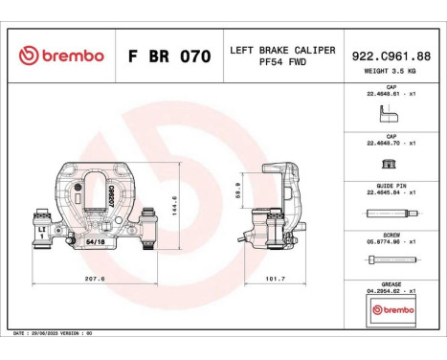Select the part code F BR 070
click(x=168, y=56)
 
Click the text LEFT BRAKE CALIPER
click(x=283, y=49)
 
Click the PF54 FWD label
click(x=282, y=64)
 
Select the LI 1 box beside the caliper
click(x=42, y=233)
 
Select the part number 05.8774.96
click(x=389, y=243)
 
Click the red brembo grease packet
click(x=391, y=312)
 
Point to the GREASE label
click(x=391, y=284)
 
